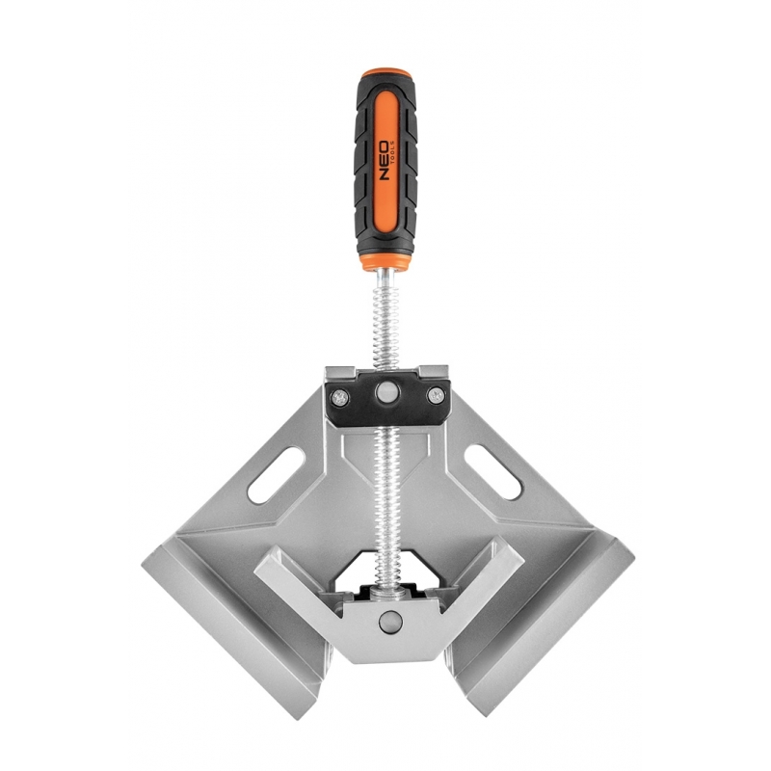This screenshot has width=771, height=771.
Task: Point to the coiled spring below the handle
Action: click(385, 327)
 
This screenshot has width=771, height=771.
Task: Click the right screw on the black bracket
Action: click(435, 394)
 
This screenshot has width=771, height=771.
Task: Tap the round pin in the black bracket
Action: click(386, 392)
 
